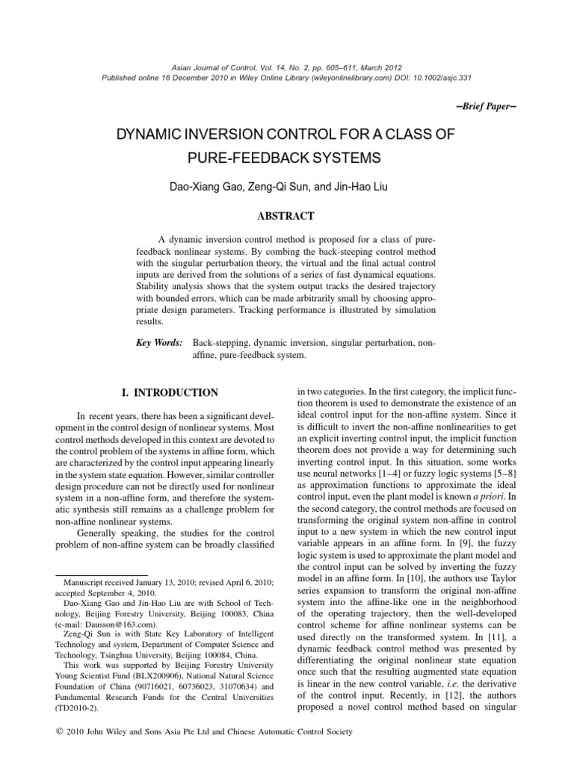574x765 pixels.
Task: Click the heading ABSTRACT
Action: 286,217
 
